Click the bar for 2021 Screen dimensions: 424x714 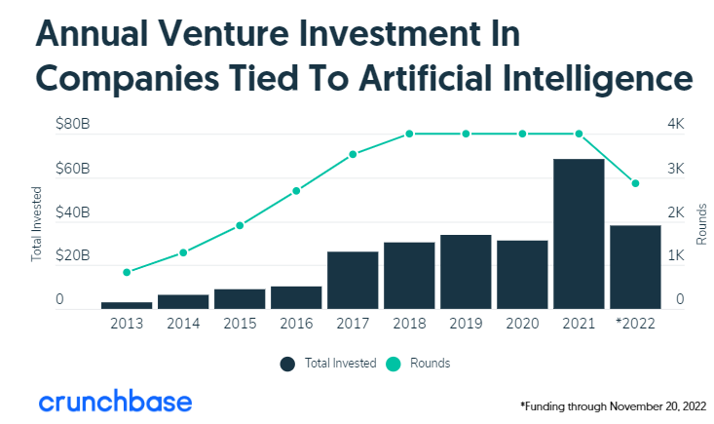tap(579, 234)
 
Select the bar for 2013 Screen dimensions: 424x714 tap(127, 305)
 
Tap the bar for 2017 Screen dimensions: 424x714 tap(353, 280)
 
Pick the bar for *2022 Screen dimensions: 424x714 tap(635, 267)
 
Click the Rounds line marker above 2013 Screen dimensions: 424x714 tap(127, 272)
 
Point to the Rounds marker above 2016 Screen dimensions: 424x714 tap(296, 191)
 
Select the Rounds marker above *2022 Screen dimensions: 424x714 tap(635, 183)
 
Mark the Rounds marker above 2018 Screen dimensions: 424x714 tap(409, 134)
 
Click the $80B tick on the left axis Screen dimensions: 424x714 tap(72, 125)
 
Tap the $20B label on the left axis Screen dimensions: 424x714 tap(72, 256)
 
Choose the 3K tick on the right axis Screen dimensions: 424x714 tap(675, 169)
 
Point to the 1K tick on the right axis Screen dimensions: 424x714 tap(675, 256)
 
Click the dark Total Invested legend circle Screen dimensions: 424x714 tap(287, 364)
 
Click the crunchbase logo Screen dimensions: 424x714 tap(115, 401)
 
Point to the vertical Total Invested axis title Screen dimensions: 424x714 tap(38, 223)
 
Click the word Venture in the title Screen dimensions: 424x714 tap(220, 36)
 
